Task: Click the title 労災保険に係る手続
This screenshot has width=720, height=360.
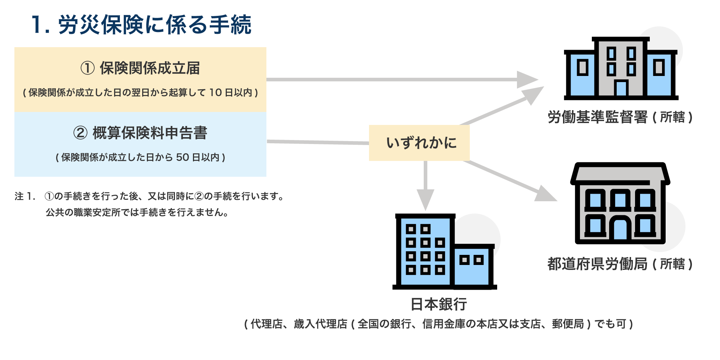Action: [x=141, y=25]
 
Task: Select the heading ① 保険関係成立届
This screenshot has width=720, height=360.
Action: [x=140, y=68]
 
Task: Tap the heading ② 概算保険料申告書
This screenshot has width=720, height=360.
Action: [x=140, y=133]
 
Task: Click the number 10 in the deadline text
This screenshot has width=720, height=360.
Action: [x=215, y=93]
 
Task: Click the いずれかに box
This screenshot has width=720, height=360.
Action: [x=419, y=143]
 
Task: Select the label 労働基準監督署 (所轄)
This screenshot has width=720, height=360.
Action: [x=620, y=117]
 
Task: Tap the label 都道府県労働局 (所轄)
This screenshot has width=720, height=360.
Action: [x=620, y=264]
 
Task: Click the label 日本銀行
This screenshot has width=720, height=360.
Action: [x=439, y=304]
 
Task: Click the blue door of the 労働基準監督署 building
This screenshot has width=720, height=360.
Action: [x=621, y=88]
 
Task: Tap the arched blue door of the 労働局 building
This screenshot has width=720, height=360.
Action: [x=620, y=230]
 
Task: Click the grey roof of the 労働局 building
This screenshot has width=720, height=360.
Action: [x=620, y=174]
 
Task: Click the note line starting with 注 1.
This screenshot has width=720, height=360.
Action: [x=150, y=196]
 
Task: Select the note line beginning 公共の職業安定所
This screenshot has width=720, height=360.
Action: [x=137, y=212]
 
